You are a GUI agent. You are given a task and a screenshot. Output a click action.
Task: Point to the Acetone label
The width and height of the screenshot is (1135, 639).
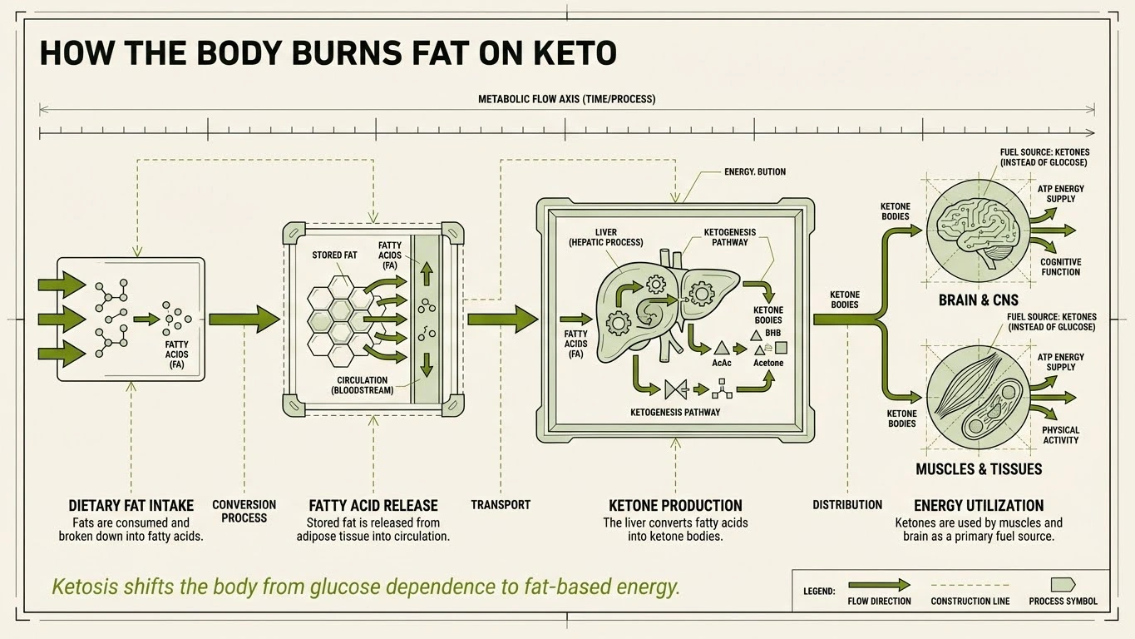click(767, 363)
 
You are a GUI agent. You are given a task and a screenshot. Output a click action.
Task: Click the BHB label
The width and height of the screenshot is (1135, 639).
click(773, 333)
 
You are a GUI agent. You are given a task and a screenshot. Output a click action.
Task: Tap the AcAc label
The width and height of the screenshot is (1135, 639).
click(722, 363)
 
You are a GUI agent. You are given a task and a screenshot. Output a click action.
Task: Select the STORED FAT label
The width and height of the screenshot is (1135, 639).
click(334, 255)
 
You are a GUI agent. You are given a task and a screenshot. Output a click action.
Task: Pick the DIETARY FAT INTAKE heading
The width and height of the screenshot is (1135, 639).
click(131, 505)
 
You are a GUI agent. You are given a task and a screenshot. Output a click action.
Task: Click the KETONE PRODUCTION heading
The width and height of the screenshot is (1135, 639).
click(675, 505)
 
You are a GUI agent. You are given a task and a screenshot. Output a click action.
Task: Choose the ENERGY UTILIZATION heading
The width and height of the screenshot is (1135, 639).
click(978, 505)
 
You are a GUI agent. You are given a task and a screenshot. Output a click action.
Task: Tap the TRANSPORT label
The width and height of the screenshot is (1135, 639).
click(500, 505)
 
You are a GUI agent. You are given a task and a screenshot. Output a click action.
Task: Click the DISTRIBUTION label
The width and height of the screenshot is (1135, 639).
click(846, 505)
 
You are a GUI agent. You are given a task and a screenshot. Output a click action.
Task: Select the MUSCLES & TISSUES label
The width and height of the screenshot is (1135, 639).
click(979, 469)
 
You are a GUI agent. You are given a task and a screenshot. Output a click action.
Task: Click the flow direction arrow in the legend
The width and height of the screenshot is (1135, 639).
click(878, 585)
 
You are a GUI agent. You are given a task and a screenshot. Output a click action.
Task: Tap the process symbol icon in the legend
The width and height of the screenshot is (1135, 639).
click(1063, 584)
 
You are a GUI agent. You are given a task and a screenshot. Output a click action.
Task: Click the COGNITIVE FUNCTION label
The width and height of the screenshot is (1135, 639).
click(1060, 267)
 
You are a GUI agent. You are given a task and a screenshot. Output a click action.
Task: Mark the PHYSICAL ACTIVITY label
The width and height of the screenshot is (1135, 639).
click(1060, 435)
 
